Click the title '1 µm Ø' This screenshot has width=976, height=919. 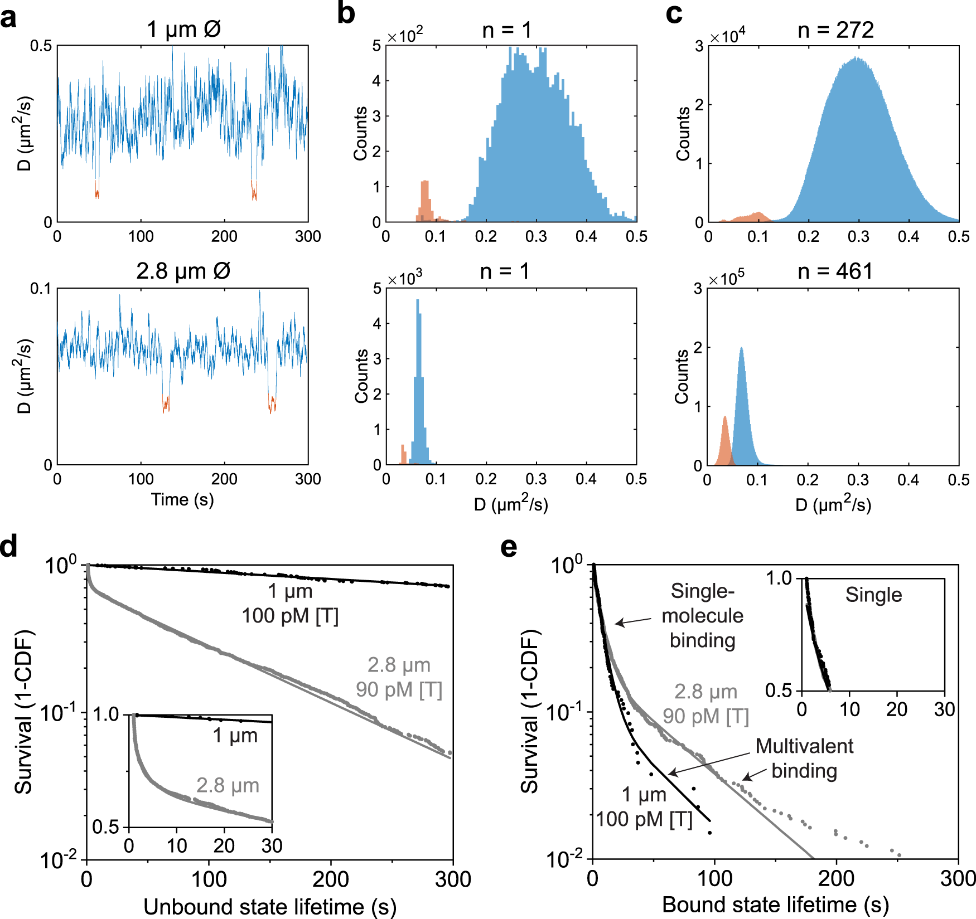[183, 29]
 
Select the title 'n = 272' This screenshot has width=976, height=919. [835, 30]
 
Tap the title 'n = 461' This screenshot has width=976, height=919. [834, 271]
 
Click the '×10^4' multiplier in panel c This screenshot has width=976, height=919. [727, 36]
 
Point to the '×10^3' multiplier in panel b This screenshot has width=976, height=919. [404, 278]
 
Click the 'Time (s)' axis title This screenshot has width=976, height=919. [182, 499]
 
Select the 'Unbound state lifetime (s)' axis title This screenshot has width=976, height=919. [269, 907]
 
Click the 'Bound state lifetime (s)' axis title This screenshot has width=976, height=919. [775, 904]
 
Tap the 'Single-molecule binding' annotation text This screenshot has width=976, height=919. [702, 615]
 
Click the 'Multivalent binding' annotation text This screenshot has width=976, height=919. [804, 758]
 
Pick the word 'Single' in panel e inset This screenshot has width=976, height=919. [873, 595]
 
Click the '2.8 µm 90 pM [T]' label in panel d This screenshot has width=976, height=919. [399, 677]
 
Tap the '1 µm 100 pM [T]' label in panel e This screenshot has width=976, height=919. [644, 807]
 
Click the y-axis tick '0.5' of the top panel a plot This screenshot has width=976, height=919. [41, 46]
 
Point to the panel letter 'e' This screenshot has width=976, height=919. [509, 547]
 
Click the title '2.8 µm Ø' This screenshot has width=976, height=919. [183, 271]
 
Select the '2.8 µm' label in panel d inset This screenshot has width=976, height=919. [228, 785]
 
